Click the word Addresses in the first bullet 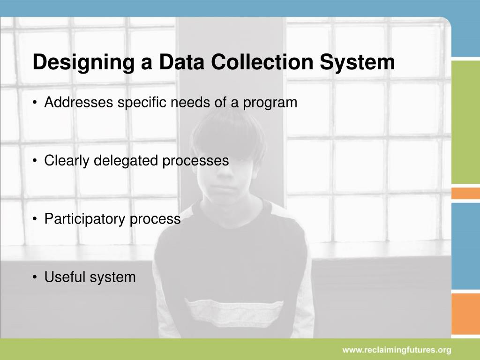click(79, 102)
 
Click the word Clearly click(67, 161)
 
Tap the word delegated click(127, 161)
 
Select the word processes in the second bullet click(195, 161)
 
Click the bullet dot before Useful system click(36, 277)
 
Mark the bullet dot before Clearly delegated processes click(36, 161)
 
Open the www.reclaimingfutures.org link click(396, 350)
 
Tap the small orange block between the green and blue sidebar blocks click(465, 193)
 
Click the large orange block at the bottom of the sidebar click(465, 315)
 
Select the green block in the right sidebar click(465, 122)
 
